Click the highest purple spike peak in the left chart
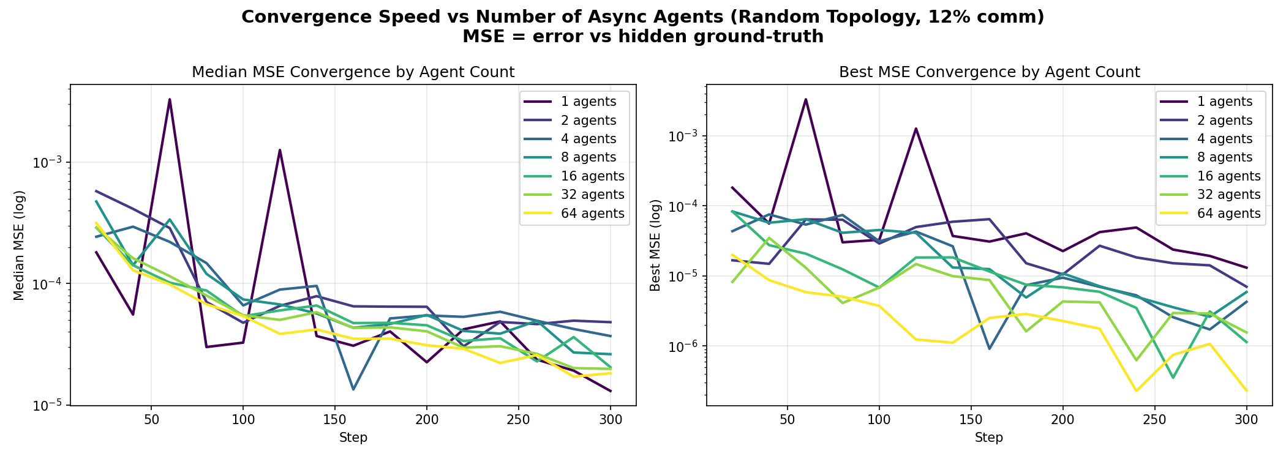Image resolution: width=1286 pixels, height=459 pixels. click(x=170, y=99)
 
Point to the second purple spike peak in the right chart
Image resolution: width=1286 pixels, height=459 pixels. click(x=916, y=129)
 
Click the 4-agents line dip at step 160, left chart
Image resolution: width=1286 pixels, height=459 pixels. click(x=353, y=389)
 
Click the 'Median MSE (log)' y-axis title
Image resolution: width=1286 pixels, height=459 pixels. click(x=19, y=245)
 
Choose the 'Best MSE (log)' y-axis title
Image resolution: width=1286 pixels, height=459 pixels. click(x=655, y=245)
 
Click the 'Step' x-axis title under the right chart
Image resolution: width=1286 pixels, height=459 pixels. click(x=989, y=438)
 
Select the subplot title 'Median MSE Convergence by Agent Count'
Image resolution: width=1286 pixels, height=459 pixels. click(x=353, y=72)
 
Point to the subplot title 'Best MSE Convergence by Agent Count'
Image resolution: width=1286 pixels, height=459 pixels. click(x=989, y=72)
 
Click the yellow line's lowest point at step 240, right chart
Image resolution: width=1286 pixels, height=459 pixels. click(x=1137, y=390)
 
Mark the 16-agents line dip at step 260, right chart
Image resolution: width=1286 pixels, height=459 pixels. click(x=1173, y=378)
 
